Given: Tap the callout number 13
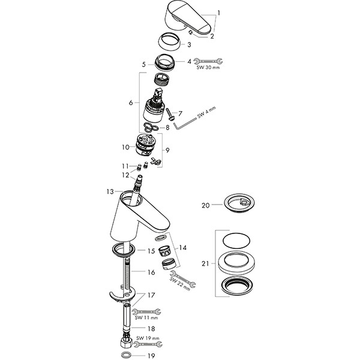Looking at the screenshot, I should pos(109,191).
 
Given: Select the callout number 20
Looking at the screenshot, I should pos(205,205).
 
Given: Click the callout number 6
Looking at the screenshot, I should pos(130,103).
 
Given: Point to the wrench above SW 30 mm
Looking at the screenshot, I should pos(209,61).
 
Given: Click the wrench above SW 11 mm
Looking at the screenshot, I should pos(146,311).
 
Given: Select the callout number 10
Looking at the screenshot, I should pos(125,146).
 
